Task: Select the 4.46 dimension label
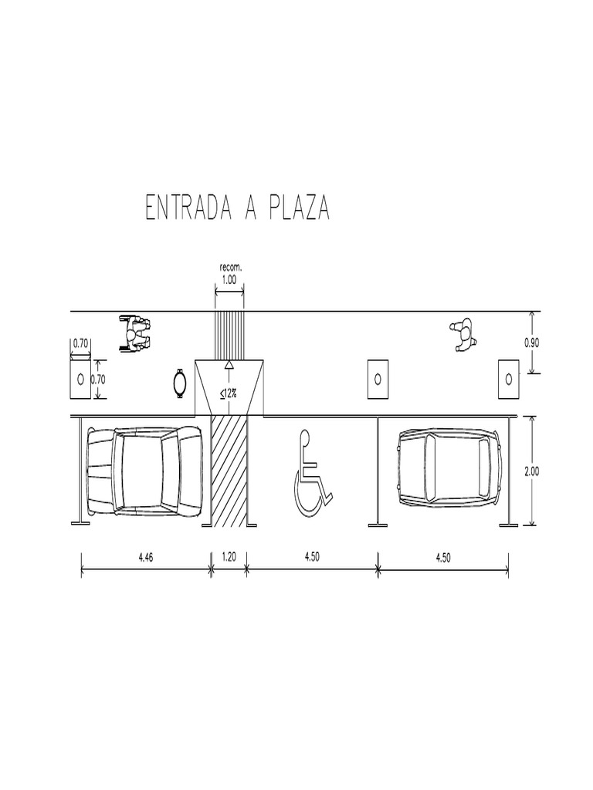[x=146, y=557]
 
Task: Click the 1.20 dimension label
[x=229, y=557]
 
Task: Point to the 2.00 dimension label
[x=531, y=471]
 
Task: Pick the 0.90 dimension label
[x=531, y=343]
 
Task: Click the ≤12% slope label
[x=229, y=393]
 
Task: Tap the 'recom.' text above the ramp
[x=230, y=268]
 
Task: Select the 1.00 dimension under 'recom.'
[x=229, y=279]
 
